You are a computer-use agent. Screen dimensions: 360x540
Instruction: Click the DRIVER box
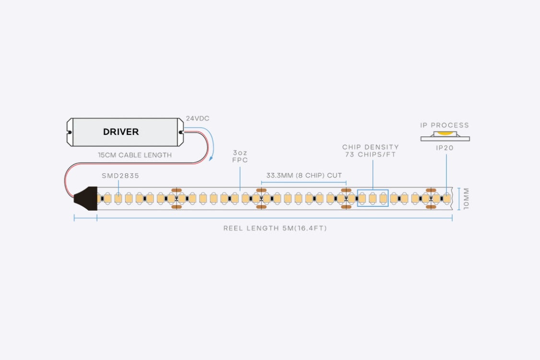125,132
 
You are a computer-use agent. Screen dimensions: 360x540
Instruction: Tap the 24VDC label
198,118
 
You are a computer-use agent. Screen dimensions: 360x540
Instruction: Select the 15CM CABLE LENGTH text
134,155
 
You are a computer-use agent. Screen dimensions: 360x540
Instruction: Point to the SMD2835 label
120,176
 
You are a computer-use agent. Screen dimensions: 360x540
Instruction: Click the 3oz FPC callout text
240,156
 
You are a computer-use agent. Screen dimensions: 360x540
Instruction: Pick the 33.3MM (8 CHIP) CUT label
304,176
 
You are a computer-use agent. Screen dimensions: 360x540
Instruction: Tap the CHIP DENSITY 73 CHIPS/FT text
370,151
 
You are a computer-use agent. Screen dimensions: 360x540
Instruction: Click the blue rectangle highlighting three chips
372,198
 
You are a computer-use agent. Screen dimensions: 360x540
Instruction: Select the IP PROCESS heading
444,125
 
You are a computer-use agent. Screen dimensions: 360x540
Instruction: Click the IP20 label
444,148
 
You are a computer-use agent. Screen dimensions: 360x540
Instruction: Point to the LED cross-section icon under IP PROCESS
445,135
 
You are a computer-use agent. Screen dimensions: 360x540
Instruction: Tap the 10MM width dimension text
466,198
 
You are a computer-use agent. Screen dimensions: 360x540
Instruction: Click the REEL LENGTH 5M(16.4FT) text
275,228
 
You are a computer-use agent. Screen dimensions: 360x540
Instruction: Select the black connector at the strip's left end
85,198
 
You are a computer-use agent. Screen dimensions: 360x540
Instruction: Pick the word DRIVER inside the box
121,132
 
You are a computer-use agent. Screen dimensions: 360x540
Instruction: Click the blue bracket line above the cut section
304,182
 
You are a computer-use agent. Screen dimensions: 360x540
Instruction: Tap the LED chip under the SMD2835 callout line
118,198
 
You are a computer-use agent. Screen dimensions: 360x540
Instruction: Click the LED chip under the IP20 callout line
446,198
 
